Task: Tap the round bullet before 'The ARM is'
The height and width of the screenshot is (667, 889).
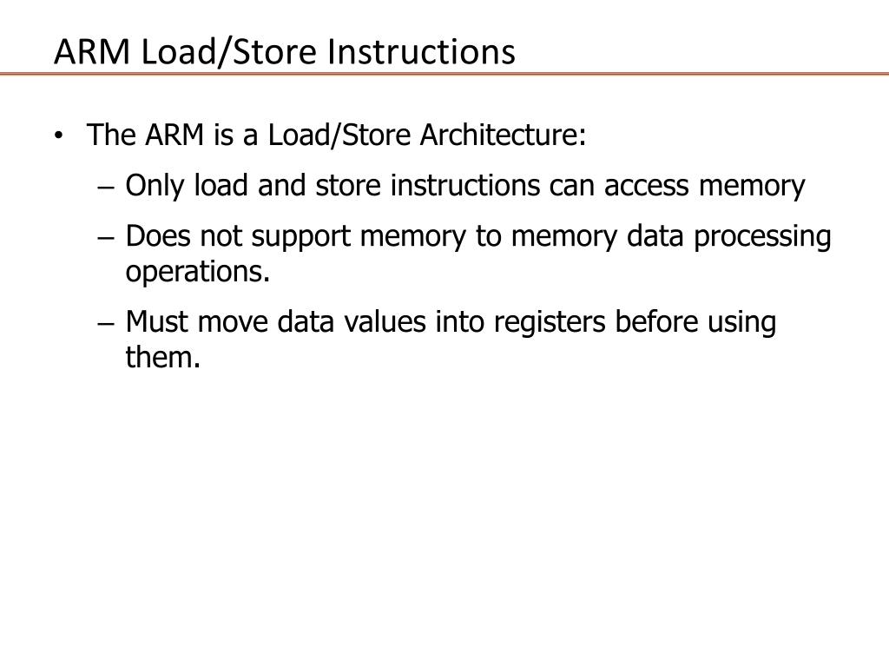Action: [57, 136]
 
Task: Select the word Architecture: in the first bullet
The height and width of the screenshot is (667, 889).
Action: [504, 135]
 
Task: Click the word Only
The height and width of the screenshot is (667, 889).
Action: [155, 186]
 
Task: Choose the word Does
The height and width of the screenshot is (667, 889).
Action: [157, 236]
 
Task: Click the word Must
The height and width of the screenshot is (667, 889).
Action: [158, 321]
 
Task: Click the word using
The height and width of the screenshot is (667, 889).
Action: [742, 323]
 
